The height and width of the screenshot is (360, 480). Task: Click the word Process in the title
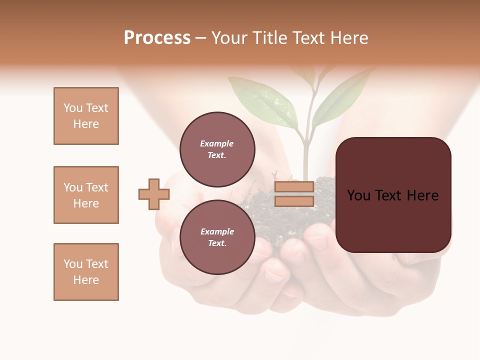pyautogui.click(x=157, y=38)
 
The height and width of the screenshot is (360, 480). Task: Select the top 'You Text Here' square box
pyautogui.click(x=86, y=116)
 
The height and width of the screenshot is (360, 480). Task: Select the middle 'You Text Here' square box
pyautogui.click(x=86, y=195)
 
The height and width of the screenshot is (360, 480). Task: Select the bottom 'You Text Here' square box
pyautogui.click(x=86, y=272)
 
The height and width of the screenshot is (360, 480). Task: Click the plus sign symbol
pyautogui.click(x=154, y=194)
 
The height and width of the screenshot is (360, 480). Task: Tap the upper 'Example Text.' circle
pyautogui.click(x=217, y=149)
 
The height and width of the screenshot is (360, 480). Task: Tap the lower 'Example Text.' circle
pyautogui.click(x=217, y=237)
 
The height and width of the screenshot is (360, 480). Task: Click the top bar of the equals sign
pyautogui.click(x=294, y=186)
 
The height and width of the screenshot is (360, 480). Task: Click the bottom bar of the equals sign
pyautogui.click(x=294, y=201)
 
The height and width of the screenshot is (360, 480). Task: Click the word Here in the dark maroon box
pyautogui.click(x=422, y=195)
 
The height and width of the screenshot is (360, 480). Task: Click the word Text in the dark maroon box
pyautogui.click(x=389, y=195)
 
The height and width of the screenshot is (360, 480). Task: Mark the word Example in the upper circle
pyautogui.click(x=217, y=143)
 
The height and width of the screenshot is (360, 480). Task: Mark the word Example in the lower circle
pyautogui.click(x=217, y=231)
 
